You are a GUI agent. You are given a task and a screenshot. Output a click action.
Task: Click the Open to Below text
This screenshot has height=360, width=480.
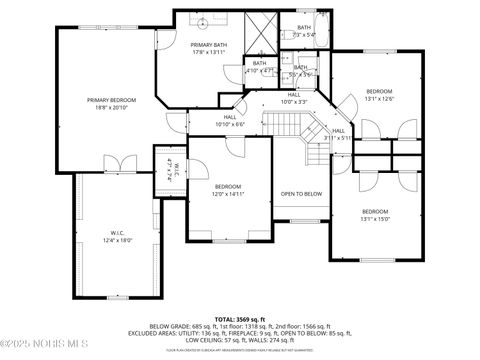click(301, 193)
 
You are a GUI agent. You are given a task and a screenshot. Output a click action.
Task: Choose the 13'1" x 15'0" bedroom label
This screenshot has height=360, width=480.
click(375, 216)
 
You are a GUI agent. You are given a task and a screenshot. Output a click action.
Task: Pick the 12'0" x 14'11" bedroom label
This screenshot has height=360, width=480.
click(228, 191)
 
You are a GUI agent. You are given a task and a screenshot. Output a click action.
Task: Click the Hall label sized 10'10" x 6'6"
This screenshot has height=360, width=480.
click(230, 121)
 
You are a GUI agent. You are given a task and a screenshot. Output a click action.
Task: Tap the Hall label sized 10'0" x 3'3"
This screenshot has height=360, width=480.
click(294, 98)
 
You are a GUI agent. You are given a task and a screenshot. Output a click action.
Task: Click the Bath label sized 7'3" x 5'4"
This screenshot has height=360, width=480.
click(303, 31)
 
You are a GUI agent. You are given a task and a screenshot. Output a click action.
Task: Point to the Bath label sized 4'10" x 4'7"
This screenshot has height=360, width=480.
click(259, 67)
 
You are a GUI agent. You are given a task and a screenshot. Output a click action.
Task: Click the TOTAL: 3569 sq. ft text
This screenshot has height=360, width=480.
click(240, 317)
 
